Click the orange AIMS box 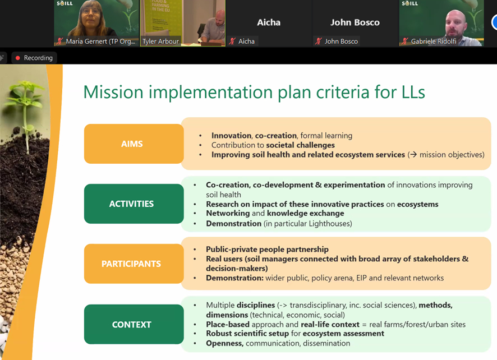click(134, 144)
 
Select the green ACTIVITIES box click(134, 204)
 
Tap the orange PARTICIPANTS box click(134, 264)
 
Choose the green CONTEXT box click(134, 324)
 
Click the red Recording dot click(18, 58)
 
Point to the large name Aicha click(269, 22)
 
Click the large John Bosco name click(355, 22)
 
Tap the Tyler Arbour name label click(160, 41)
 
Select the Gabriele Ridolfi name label click(434, 41)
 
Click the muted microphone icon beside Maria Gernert click(59, 41)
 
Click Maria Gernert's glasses click(91, 12)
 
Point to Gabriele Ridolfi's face click(455, 24)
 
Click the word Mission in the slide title click(113, 92)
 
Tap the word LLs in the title click(413, 92)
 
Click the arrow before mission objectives click(413, 155)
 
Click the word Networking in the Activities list click(228, 213)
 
